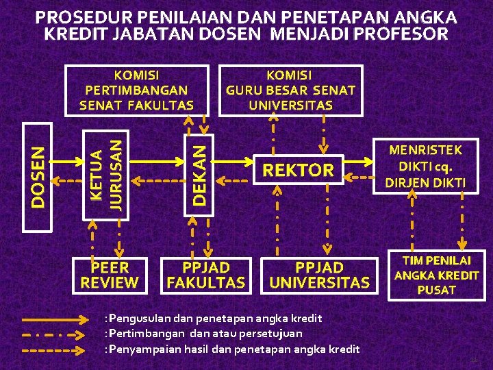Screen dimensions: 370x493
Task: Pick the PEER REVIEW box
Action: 110,274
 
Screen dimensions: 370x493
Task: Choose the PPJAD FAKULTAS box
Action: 206,274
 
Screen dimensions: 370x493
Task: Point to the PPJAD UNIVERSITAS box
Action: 319,274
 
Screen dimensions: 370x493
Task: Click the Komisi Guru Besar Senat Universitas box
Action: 290,89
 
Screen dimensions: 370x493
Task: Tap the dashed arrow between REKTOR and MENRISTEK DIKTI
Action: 358,177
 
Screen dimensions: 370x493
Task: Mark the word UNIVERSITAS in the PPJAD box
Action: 319,282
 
